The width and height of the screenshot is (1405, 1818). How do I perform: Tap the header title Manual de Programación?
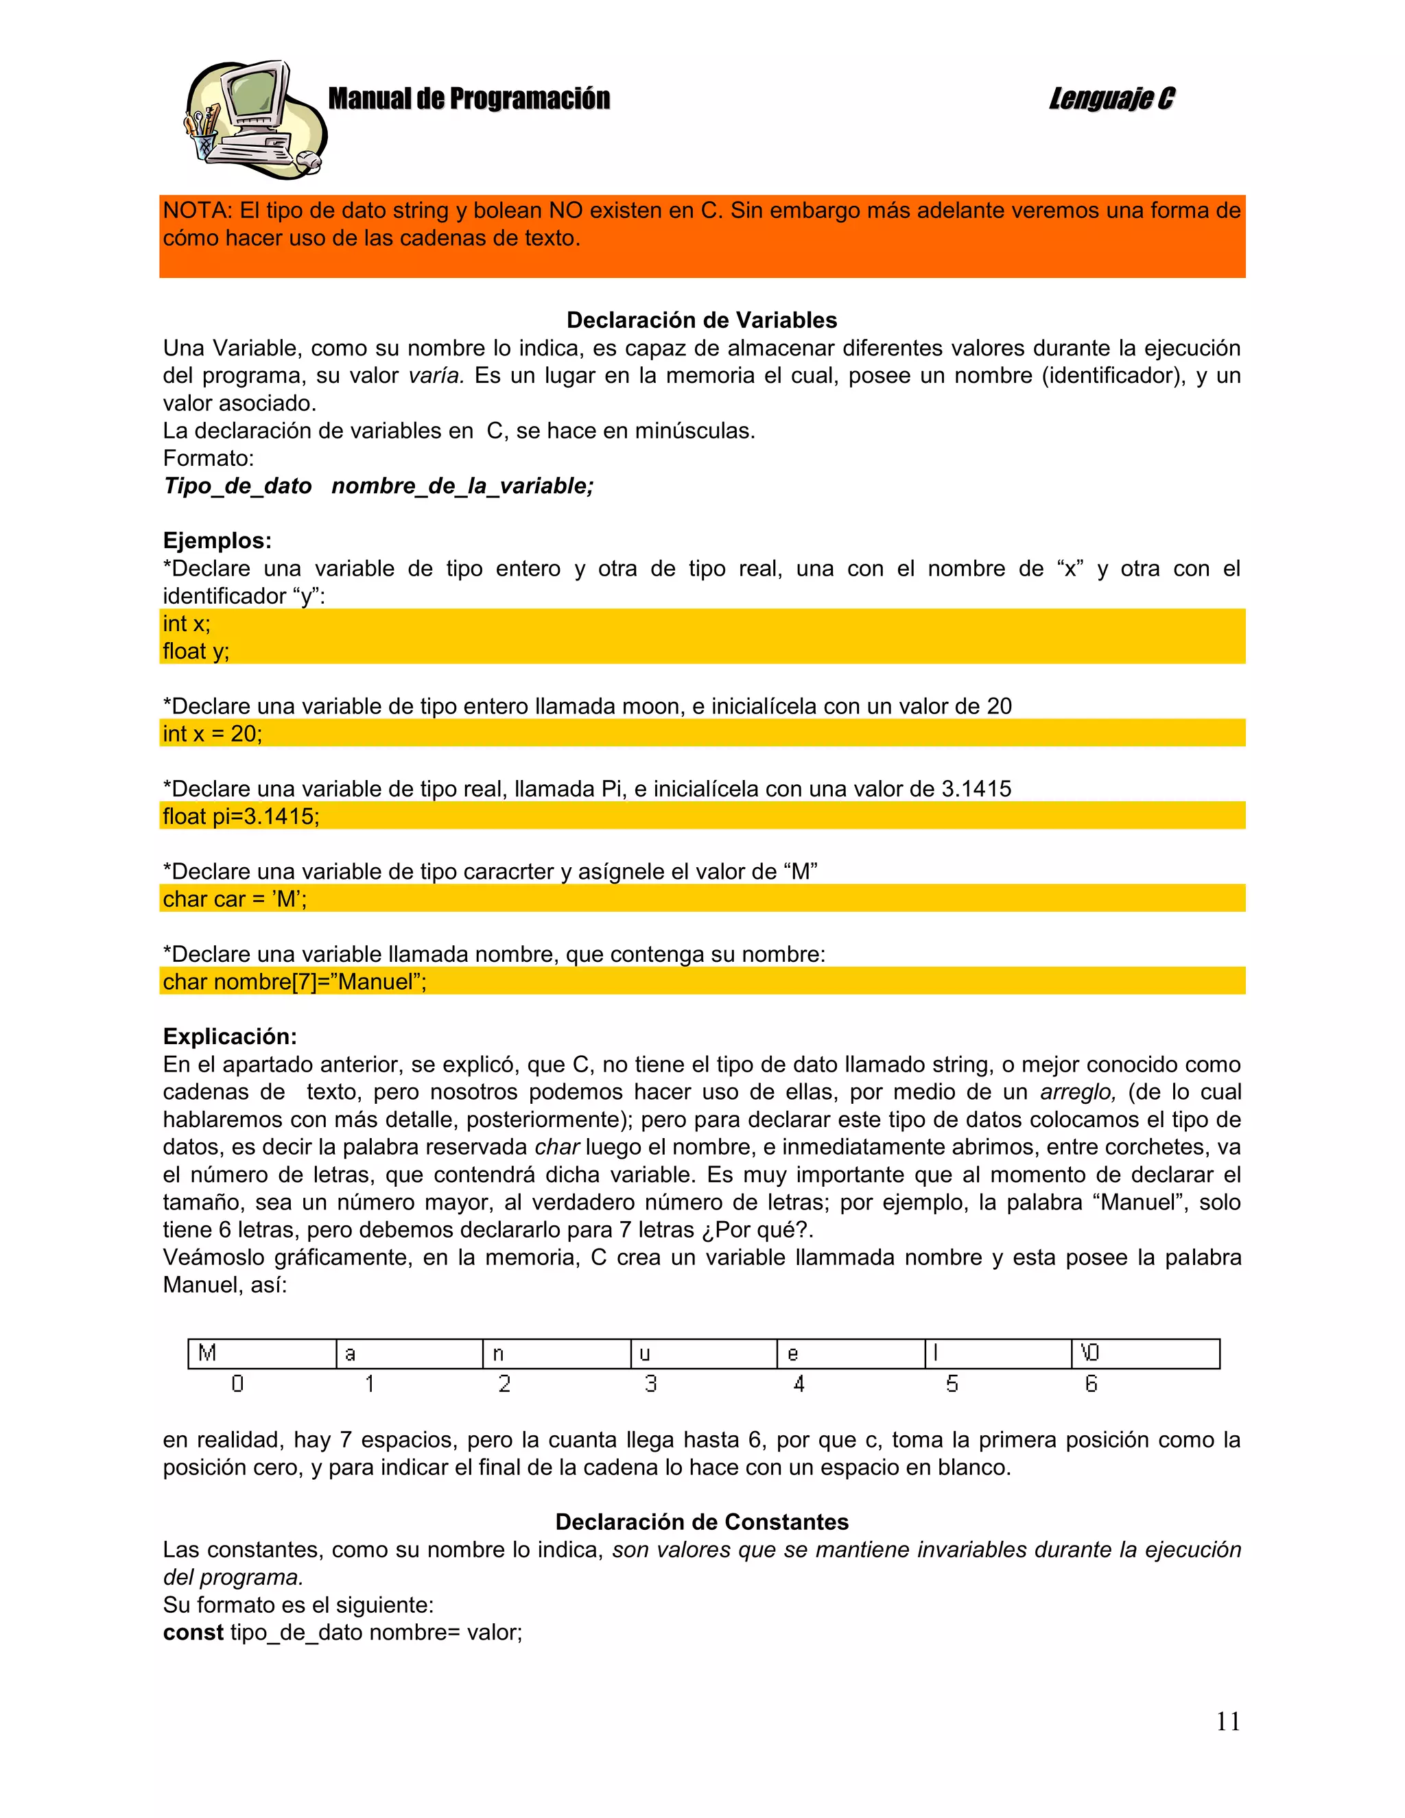469,98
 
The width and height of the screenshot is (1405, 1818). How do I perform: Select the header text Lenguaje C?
1111,98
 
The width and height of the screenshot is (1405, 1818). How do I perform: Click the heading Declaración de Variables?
702,320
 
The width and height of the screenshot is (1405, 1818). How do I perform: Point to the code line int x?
187,624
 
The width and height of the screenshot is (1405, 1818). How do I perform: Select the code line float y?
196,651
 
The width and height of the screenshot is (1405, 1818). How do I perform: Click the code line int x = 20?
212,733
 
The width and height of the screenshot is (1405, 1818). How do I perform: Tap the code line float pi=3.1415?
241,816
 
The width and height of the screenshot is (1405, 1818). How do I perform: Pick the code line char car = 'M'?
235,899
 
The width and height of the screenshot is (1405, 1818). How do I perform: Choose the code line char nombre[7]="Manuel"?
294,982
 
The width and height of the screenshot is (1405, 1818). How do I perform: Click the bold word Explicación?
230,1037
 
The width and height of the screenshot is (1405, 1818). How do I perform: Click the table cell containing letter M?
261,1354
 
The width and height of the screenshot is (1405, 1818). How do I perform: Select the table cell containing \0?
1144,1354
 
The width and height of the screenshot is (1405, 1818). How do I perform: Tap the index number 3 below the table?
651,1384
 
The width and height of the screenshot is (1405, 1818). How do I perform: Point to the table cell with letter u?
703,1354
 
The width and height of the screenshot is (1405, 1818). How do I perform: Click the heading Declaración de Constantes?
702,1522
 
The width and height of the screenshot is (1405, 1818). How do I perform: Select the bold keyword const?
193,1632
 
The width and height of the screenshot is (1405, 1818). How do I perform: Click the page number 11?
1228,1721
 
